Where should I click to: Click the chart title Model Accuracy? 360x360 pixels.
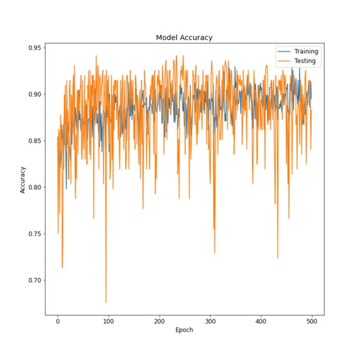[184, 38]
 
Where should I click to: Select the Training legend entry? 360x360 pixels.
[306, 52]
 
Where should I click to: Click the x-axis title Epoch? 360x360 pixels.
[184, 330]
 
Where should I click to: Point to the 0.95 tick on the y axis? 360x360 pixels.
[34, 48]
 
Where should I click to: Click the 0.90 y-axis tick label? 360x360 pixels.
[34, 94]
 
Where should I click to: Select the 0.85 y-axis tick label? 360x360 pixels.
[34, 141]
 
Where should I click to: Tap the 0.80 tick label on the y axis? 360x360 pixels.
[34, 187]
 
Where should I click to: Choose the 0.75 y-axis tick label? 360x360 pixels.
[34, 234]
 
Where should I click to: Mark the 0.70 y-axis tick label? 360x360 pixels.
[34, 280]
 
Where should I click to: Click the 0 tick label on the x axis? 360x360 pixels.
[58, 320]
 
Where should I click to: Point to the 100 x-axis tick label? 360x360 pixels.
[109, 320]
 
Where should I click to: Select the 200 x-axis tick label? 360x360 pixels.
[160, 320]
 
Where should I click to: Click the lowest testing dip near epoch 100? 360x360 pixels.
[106, 302]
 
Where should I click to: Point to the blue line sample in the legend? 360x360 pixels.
[284, 52]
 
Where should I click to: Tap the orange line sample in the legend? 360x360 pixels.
[284, 61]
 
